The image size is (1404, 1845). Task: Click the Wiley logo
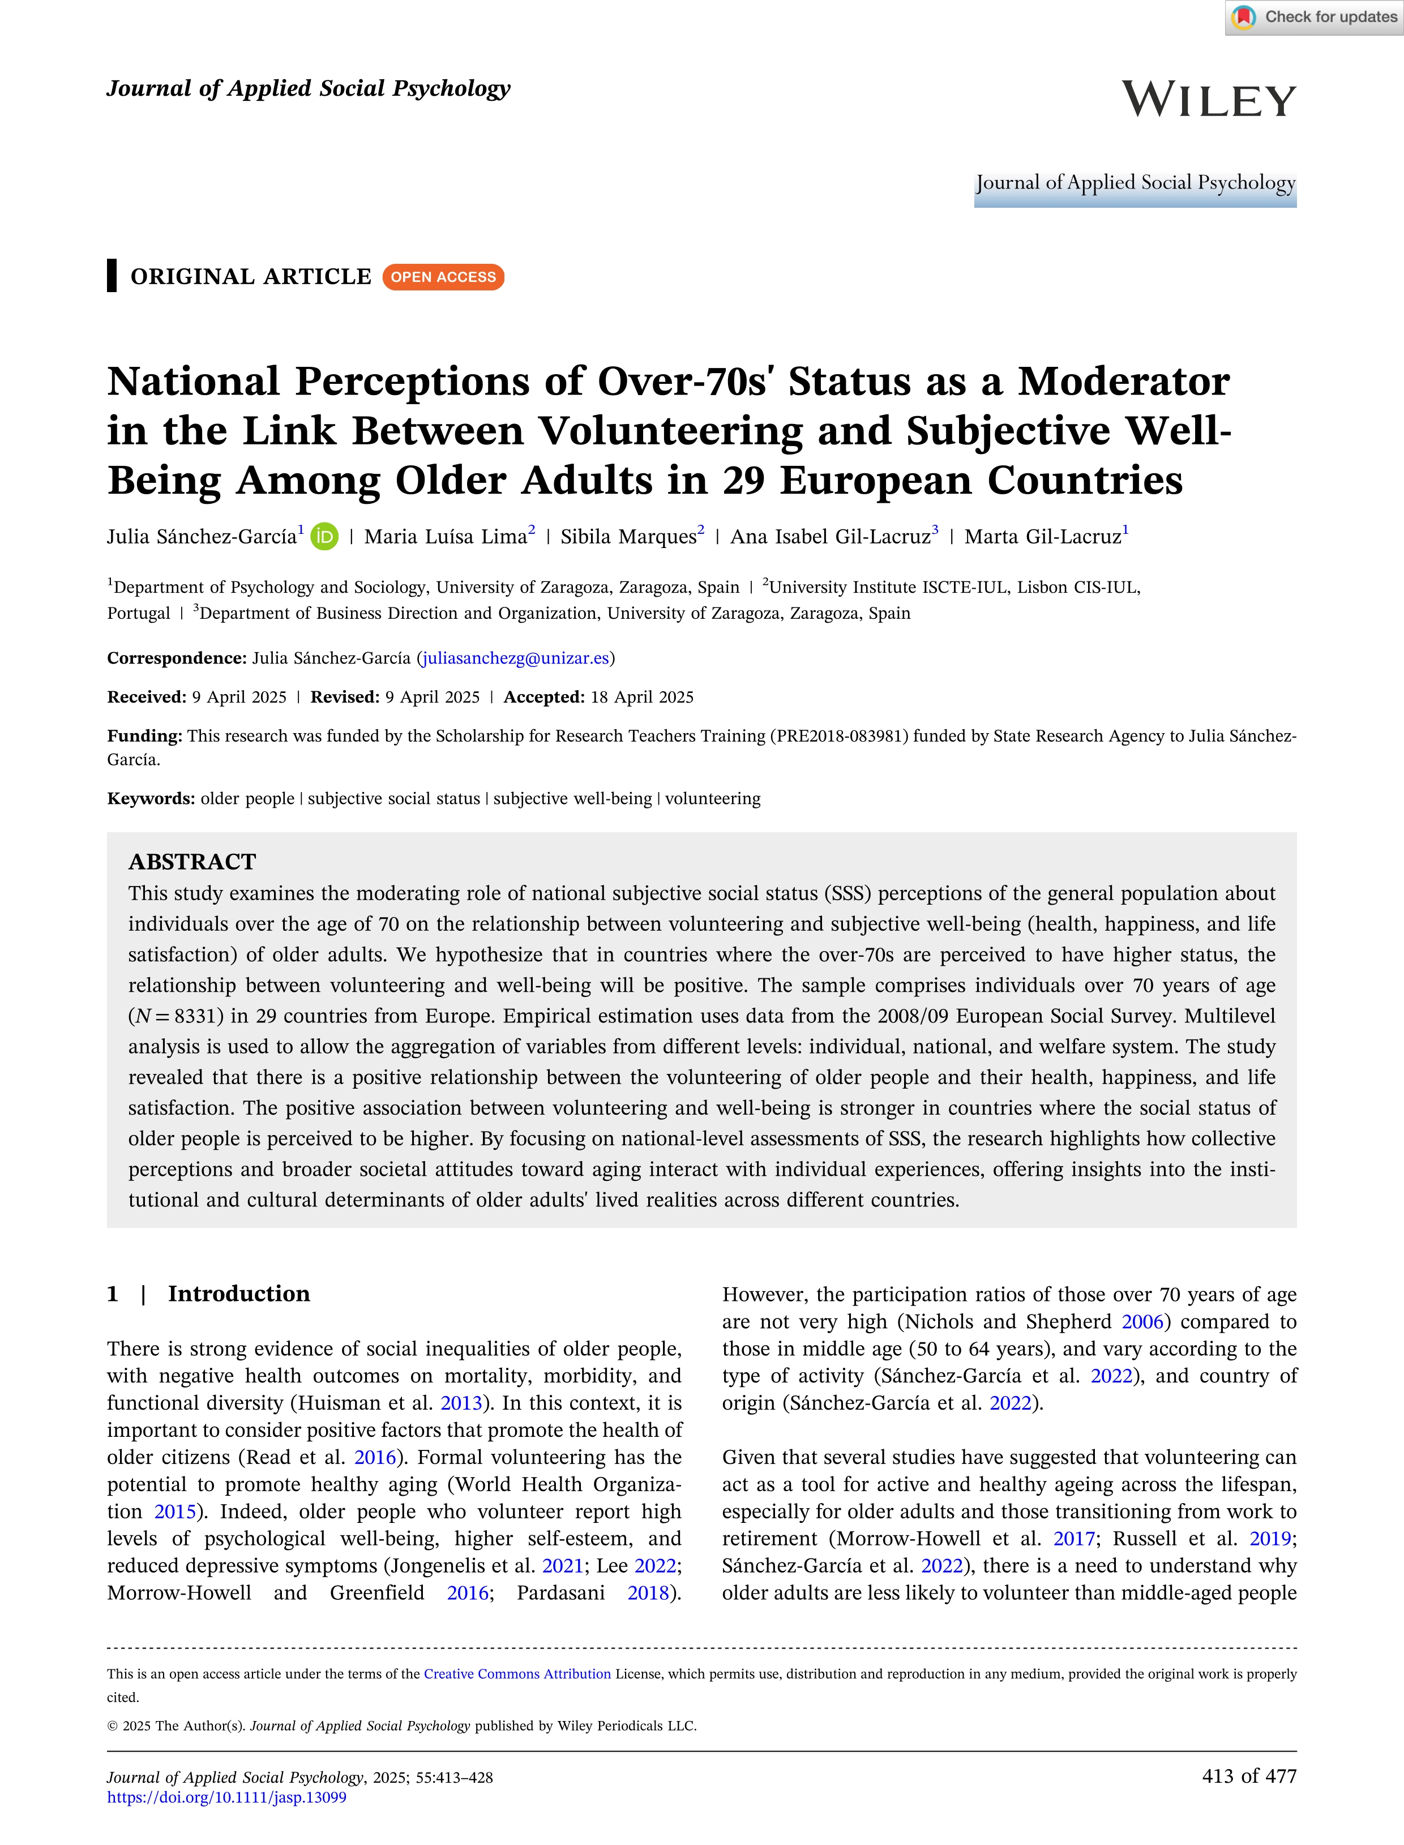1209,100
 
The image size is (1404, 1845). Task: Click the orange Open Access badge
443,277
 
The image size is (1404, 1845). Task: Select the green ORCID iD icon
324,537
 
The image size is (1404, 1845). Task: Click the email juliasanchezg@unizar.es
516,658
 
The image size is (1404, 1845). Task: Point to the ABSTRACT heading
192,862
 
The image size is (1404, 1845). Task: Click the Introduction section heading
239,1294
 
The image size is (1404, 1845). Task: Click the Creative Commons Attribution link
517,1673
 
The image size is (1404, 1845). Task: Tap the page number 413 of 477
1248,1775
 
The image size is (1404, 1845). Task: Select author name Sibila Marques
628,537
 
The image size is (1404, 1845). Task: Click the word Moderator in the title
1123,382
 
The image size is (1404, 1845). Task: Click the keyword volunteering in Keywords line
713,799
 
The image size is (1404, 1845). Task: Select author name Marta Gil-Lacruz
1042,537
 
